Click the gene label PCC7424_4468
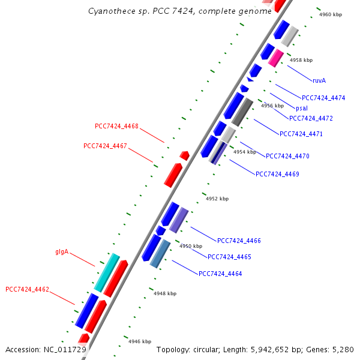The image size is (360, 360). pos(116,126)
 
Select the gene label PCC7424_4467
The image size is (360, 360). pos(105,146)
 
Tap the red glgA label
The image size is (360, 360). pos(62,252)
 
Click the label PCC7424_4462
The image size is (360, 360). pos(27,289)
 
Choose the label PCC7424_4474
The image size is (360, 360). pos(323,98)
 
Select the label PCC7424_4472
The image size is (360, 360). pos(311,118)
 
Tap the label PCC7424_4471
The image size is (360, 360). pos(301,134)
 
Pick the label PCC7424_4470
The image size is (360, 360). pos(287,156)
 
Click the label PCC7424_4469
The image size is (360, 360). pos(277,174)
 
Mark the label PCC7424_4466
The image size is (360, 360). pos(239,241)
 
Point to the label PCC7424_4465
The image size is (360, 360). pos(229,257)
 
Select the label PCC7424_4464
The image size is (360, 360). pos(220,274)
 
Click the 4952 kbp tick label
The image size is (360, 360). pos(217,199)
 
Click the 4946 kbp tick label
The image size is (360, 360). pos(140,341)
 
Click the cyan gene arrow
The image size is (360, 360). pos(107,272)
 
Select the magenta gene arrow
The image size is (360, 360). pos(276,58)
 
